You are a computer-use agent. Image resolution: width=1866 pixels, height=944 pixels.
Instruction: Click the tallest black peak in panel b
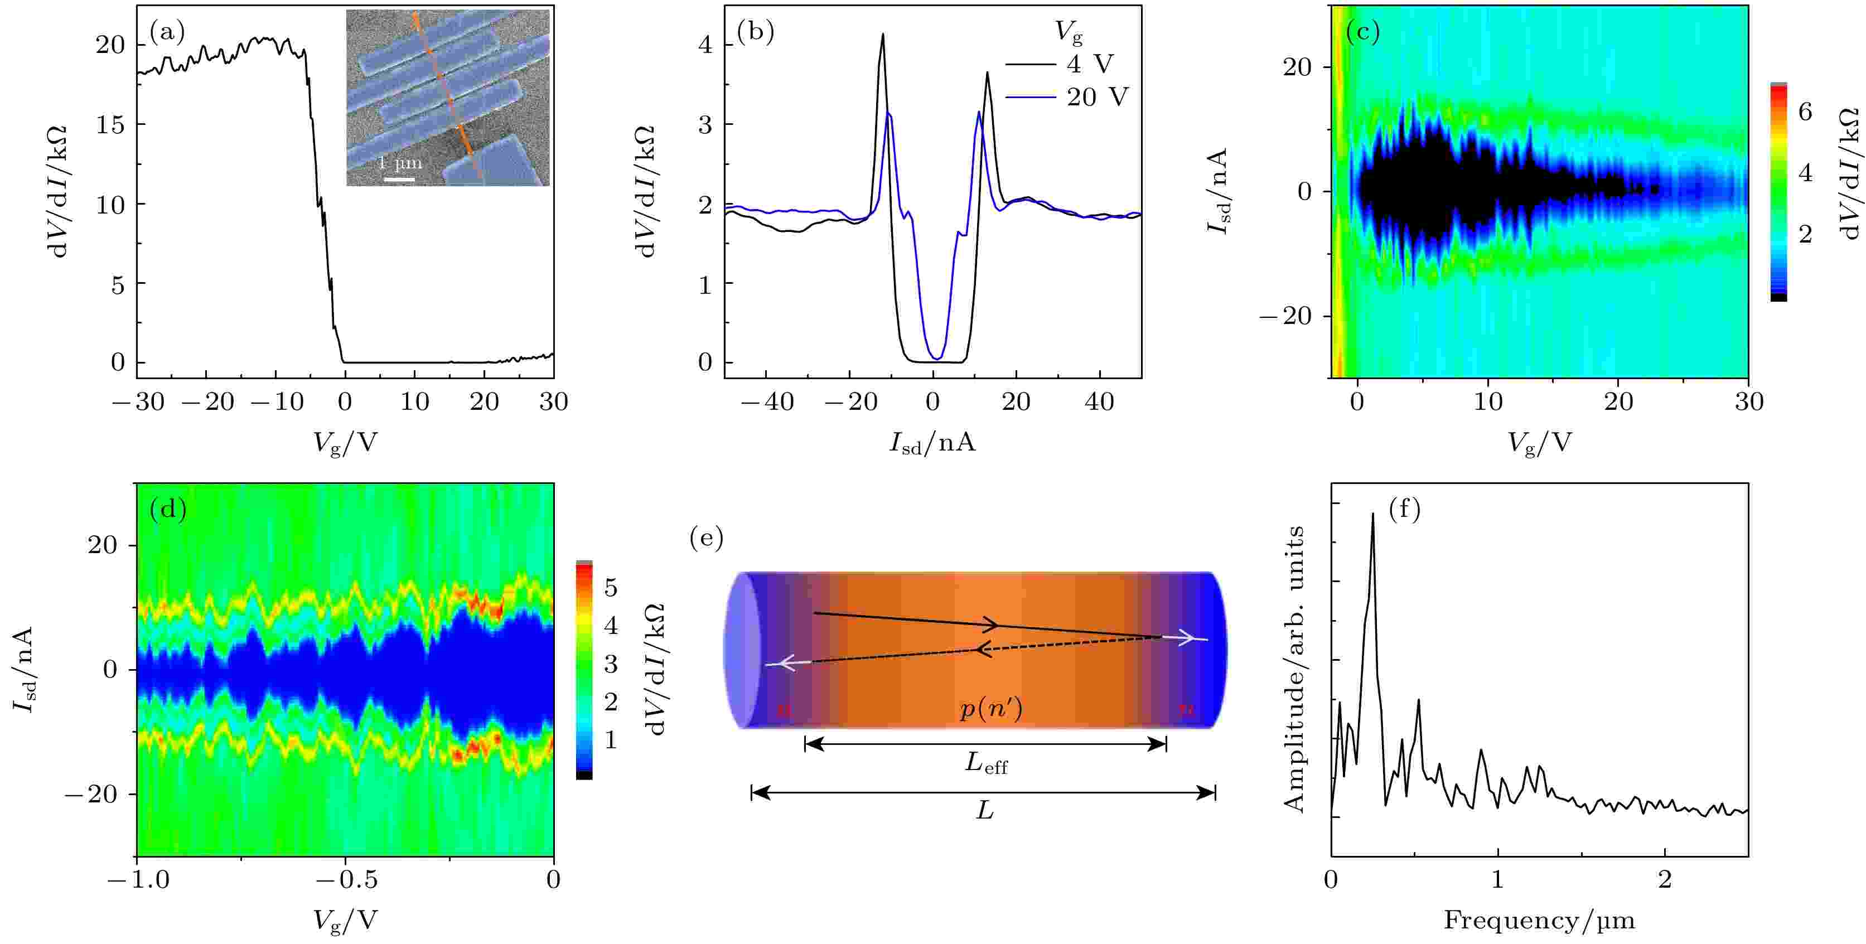pos(883,34)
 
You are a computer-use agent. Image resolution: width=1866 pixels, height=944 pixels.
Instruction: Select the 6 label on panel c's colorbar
pos(1805,112)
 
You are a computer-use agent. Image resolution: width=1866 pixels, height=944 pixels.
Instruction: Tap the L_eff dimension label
pos(986,763)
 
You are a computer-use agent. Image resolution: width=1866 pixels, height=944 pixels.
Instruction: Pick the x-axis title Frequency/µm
pos(1539,920)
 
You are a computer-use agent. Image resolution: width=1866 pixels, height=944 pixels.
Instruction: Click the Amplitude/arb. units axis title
pos(1294,669)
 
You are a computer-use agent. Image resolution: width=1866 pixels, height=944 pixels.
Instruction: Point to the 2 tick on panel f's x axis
pos(1665,879)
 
